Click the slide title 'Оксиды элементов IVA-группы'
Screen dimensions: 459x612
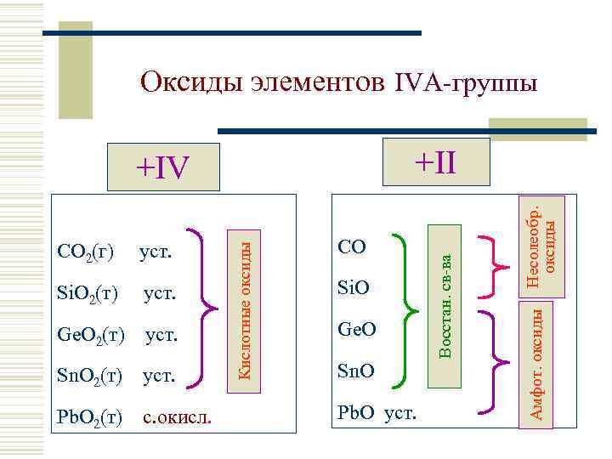point(338,82)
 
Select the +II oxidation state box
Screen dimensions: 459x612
point(436,161)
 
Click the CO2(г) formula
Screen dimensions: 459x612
point(85,252)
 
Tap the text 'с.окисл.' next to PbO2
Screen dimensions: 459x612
point(178,417)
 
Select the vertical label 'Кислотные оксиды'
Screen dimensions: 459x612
point(244,305)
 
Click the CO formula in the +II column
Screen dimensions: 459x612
point(352,247)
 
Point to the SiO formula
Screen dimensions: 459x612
point(352,288)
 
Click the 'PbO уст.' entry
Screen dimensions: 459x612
point(377,413)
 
